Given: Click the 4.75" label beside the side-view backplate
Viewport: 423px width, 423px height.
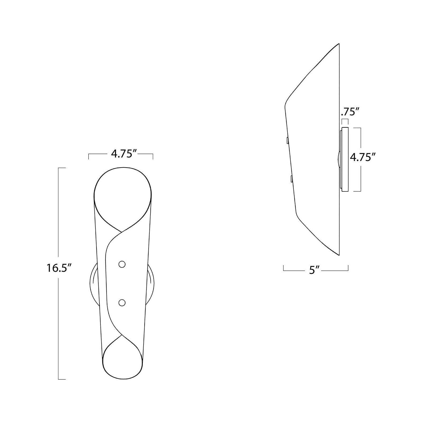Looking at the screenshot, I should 363,158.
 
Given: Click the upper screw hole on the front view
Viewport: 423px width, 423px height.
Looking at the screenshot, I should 122,264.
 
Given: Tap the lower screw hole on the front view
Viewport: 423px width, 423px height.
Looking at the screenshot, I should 122,303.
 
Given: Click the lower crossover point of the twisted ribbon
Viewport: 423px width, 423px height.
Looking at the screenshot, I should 122,336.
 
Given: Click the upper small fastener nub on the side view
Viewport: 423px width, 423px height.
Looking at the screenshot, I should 287,140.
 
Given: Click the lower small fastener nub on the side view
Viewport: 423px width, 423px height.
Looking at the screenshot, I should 291,179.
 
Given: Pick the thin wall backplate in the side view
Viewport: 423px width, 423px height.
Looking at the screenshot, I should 345,159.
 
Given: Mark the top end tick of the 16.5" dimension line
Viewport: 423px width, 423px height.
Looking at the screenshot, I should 62,168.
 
